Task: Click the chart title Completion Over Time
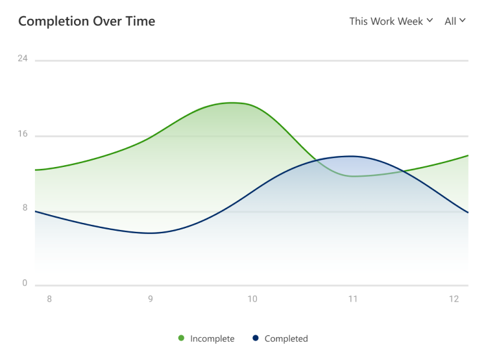coord(86,21)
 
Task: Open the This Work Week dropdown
coord(390,21)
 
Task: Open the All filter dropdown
coord(455,21)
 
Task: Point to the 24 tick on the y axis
coord(23,58)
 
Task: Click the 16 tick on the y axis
coord(23,134)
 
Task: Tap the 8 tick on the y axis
coord(25,208)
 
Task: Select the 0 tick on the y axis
coord(25,283)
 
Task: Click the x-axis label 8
coord(49,299)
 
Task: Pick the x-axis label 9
coord(151,299)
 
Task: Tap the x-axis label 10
coord(252,299)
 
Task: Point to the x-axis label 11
coord(353,299)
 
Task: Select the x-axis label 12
coord(454,299)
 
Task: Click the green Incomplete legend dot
coord(181,338)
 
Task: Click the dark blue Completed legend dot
coord(256,338)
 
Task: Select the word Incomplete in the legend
coord(212,339)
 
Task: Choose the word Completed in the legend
coord(286,339)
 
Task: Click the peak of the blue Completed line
coord(351,156)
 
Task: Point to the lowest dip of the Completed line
coord(150,233)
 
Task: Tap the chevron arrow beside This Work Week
coord(429,21)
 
